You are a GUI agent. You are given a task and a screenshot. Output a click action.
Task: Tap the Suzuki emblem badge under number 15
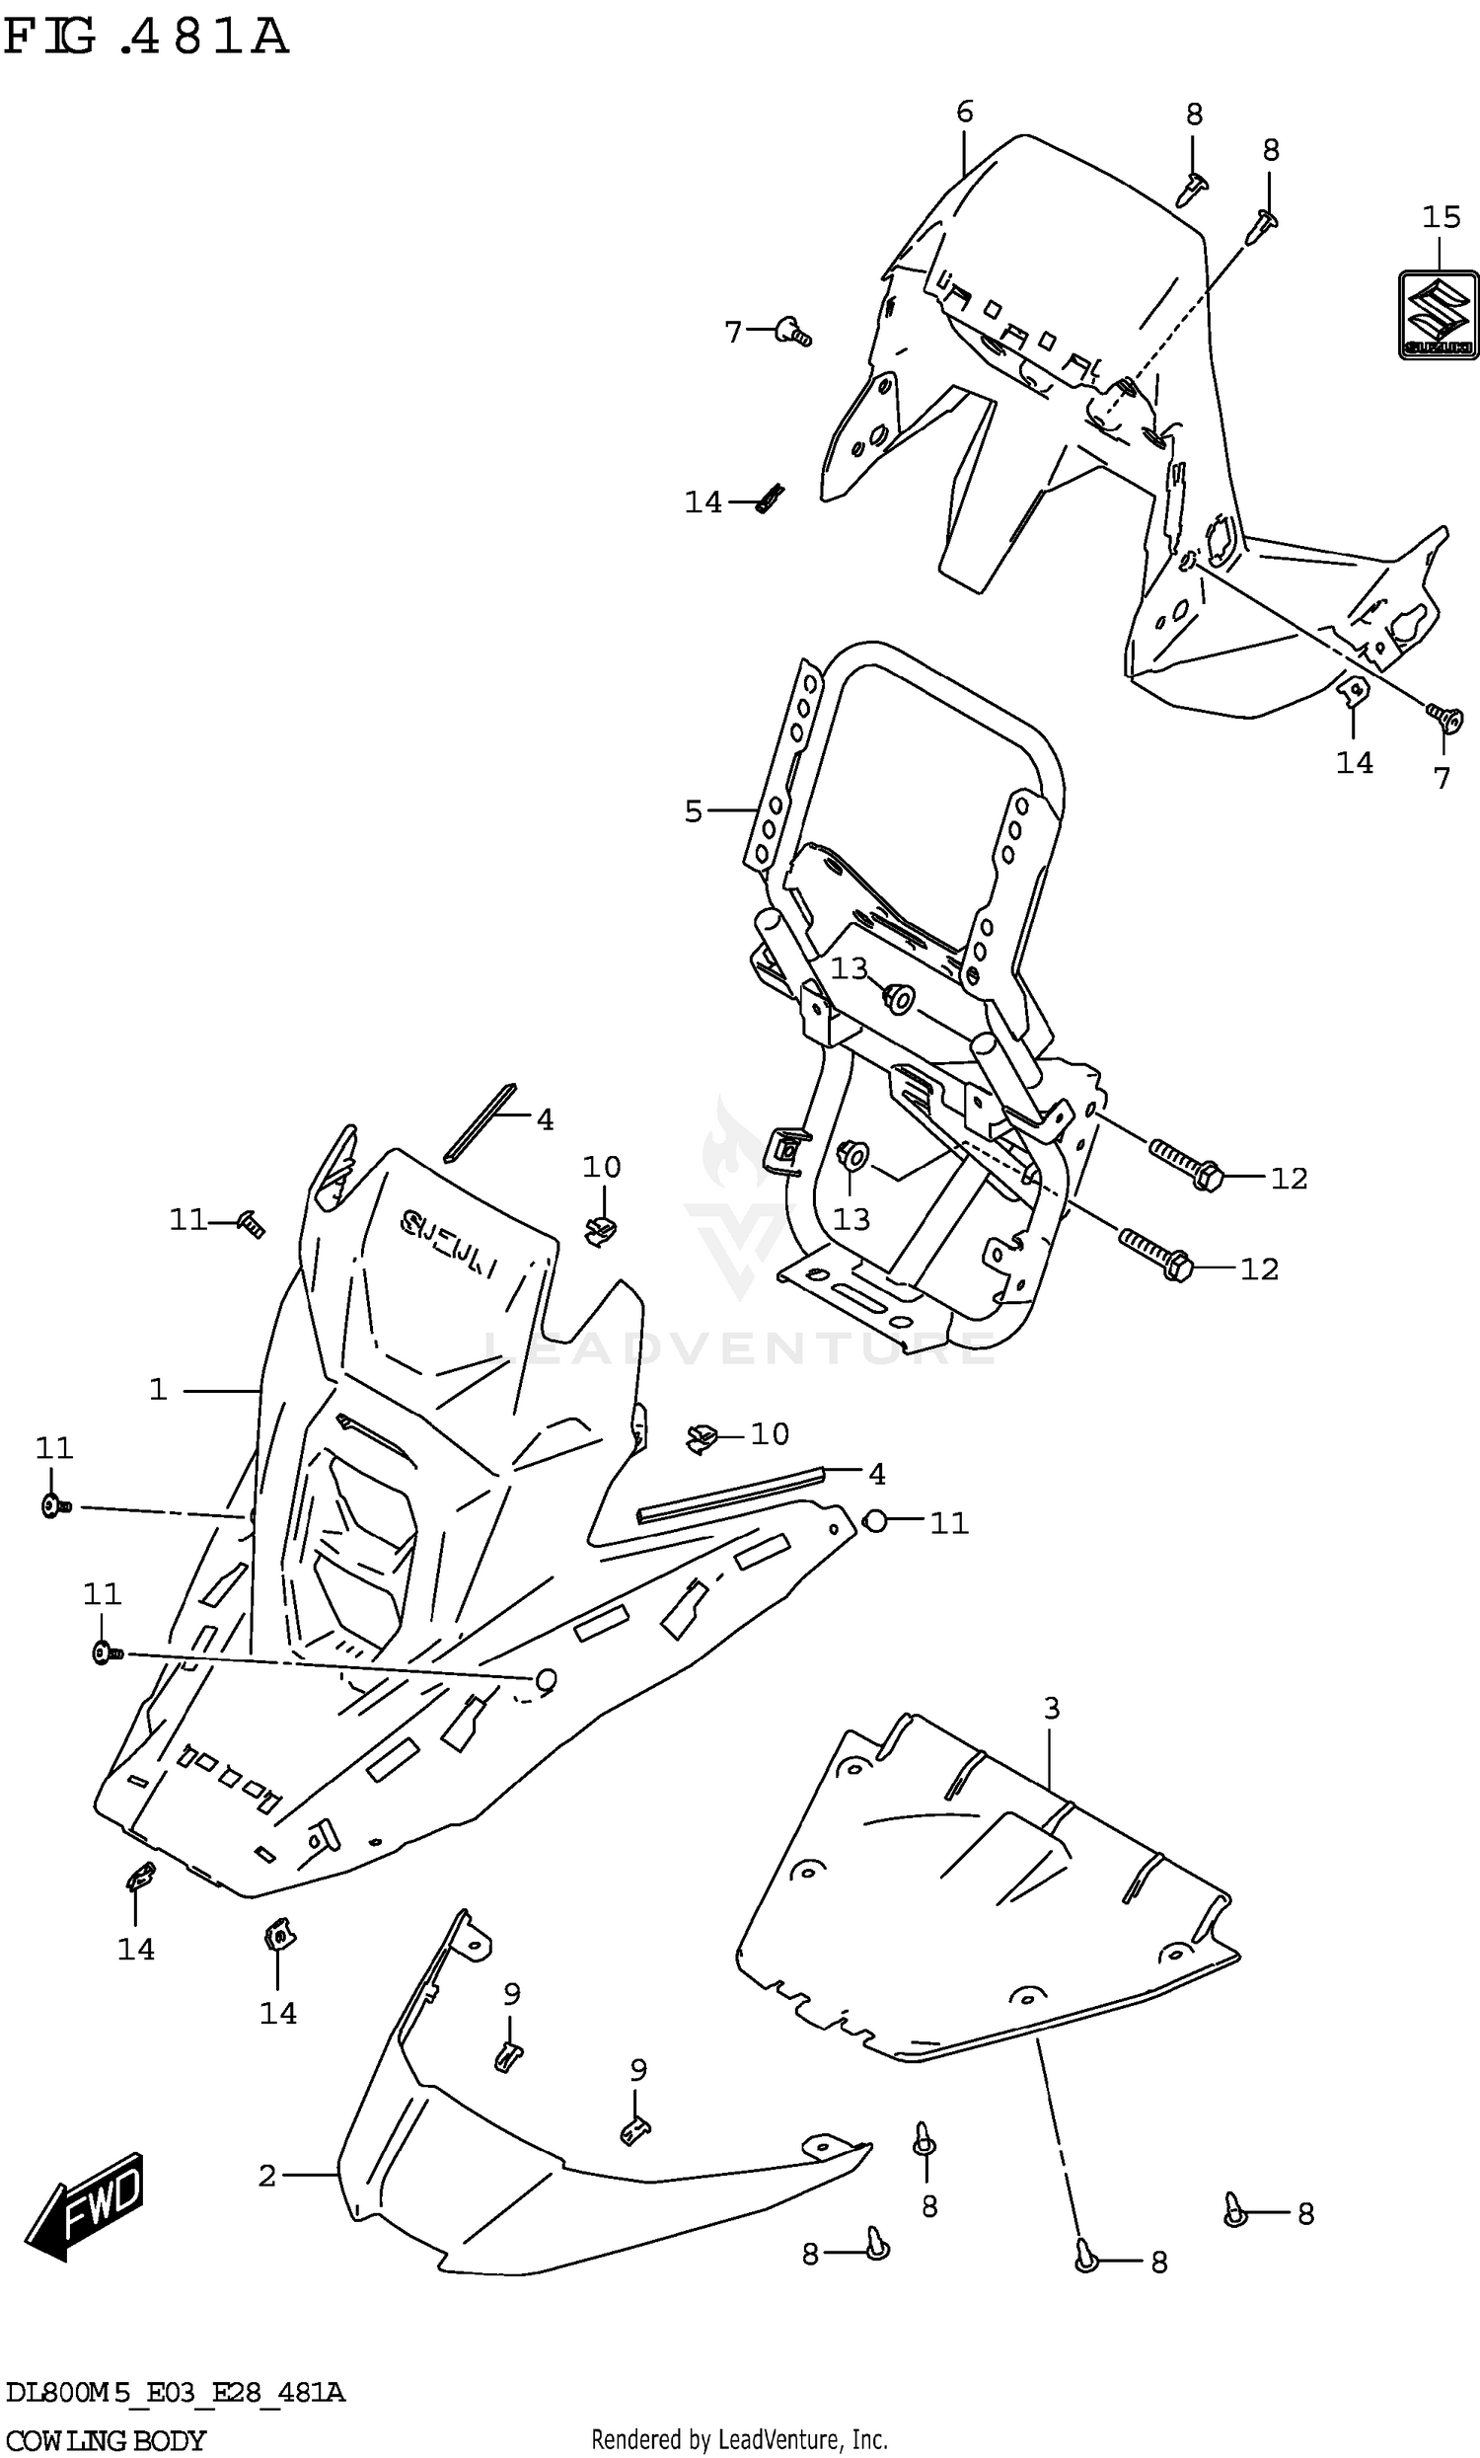(x=1438, y=315)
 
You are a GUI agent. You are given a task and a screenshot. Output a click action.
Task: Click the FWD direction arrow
(x=87, y=2205)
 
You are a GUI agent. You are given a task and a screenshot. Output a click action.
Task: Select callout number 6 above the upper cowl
(x=963, y=112)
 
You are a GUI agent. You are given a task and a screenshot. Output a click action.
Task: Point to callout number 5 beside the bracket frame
(x=693, y=811)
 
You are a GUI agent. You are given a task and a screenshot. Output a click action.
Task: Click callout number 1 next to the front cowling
(x=158, y=1390)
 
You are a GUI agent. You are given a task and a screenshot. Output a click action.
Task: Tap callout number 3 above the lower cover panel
(x=1051, y=1709)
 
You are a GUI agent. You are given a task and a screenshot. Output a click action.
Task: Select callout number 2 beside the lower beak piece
(x=266, y=2175)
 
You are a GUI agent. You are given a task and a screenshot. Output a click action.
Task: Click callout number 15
(x=1442, y=216)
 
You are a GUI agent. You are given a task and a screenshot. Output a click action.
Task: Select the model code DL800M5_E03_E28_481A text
(x=176, y=2392)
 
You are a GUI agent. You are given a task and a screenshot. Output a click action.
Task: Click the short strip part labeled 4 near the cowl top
(x=481, y=1122)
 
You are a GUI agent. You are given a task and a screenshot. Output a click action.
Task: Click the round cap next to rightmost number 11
(x=873, y=1521)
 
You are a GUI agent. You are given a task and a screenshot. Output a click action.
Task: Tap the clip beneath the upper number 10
(x=599, y=1230)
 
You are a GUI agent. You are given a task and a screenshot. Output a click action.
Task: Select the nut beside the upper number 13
(x=898, y=997)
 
